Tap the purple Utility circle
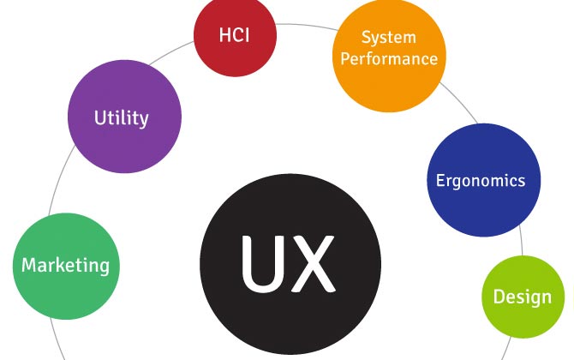[x=125, y=117]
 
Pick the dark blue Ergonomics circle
[x=483, y=181]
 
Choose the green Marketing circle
[x=66, y=265]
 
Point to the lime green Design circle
[x=523, y=297]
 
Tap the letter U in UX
[x=259, y=261]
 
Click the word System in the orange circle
[x=388, y=38]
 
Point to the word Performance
[x=388, y=58]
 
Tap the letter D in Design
[x=499, y=297]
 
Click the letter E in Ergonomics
[x=440, y=181]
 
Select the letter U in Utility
[x=99, y=117]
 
